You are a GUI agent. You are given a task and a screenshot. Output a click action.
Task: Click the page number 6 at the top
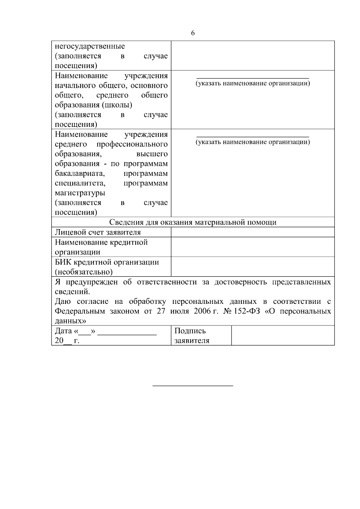[x=193, y=33]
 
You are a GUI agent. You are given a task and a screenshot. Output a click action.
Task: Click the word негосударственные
[x=90, y=46]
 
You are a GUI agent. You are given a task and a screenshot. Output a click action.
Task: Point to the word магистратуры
[x=80, y=193]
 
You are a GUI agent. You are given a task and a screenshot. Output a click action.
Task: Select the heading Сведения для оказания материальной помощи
[x=193, y=222]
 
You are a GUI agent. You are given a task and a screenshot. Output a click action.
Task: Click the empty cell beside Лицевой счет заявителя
[x=253, y=232]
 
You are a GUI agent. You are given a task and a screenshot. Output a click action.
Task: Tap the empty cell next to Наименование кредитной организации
[x=253, y=247]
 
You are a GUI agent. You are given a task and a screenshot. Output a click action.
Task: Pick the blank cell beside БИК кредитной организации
[x=253, y=267]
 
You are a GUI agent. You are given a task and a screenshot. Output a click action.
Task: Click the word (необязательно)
[x=84, y=272]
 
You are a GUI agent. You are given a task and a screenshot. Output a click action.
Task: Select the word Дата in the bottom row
[x=63, y=331]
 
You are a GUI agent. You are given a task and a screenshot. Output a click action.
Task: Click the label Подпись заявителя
[x=192, y=336]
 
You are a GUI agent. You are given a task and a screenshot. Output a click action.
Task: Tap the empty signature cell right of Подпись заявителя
[x=283, y=336]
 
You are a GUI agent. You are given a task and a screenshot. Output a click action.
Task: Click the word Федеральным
[x=80, y=311]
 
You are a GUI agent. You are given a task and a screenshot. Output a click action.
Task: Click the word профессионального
[x=132, y=144]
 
